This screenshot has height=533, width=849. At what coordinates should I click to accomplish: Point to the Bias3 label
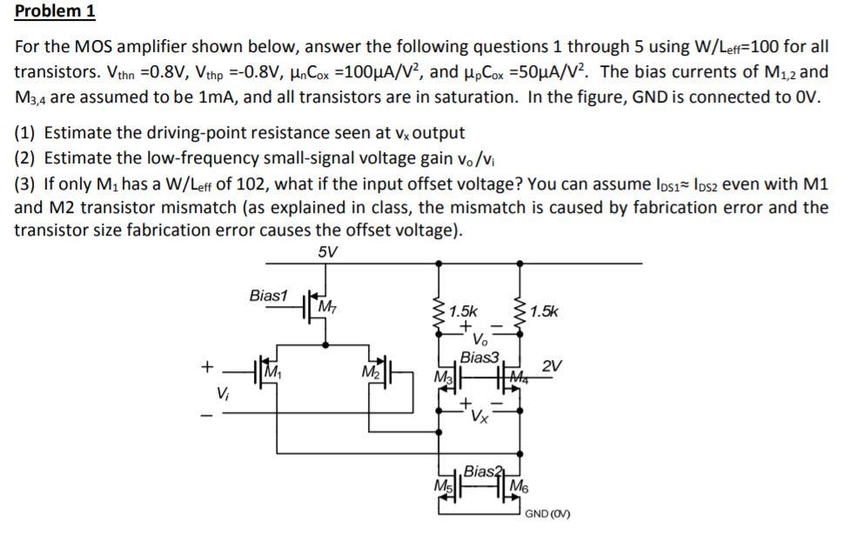479,357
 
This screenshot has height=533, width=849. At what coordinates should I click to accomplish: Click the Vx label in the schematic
480,416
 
